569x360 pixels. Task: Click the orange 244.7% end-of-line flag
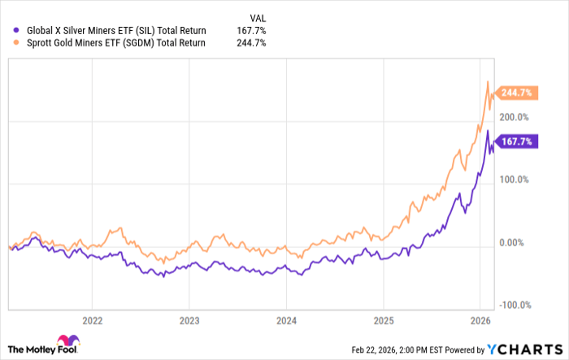pos(515,93)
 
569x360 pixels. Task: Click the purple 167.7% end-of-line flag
pos(515,141)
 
